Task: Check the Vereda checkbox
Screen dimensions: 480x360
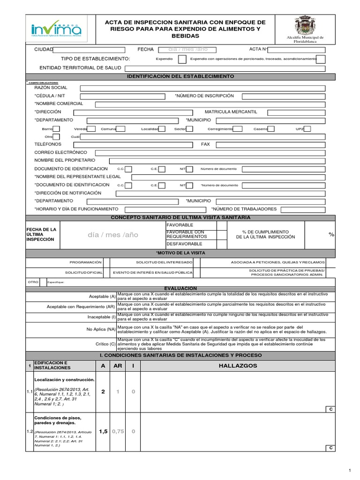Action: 92,129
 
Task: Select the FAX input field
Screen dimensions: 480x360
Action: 276,145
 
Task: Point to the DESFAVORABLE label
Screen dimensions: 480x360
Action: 184,244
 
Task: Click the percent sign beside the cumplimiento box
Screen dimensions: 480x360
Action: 331,234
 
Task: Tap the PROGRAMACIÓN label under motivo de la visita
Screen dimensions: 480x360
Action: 85,262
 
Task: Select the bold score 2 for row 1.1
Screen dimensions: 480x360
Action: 103,391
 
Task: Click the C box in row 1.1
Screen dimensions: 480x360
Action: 330,409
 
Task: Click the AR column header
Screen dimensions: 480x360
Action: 118,366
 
